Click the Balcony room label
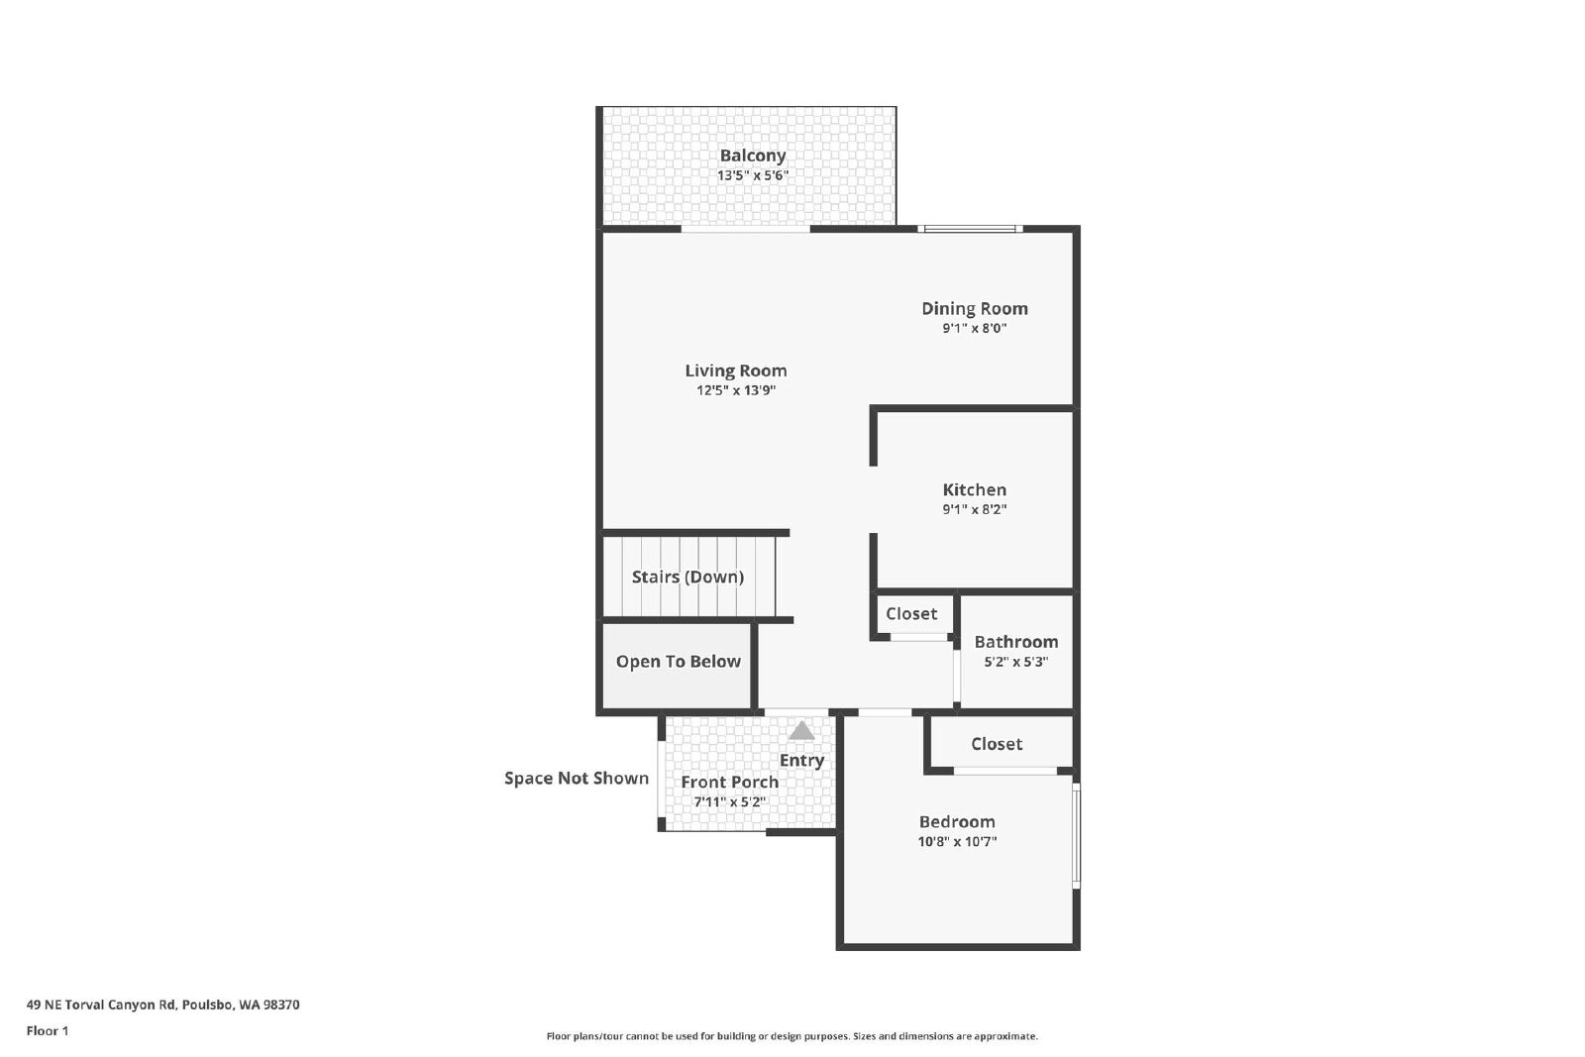pos(753,156)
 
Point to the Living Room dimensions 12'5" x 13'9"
pos(736,390)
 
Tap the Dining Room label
pos(975,309)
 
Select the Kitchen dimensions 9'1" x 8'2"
pos(975,509)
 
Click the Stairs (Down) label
pos(687,578)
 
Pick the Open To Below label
pos(678,662)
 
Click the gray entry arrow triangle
pos(801,730)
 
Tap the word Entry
pos(801,761)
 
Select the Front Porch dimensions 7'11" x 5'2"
pos(729,802)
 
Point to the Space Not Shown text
pos(577,779)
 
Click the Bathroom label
pos(1016,642)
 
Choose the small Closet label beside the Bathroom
pos(911,614)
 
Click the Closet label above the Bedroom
pos(997,744)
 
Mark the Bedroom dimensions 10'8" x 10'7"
pos(957,842)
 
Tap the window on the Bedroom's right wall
pos(1076,835)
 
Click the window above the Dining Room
pos(970,229)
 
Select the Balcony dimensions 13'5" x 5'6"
pos(753,175)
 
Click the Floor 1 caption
pos(48,1031)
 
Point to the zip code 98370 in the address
pos(281,1005)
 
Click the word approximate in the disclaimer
pos(1005,1037)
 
